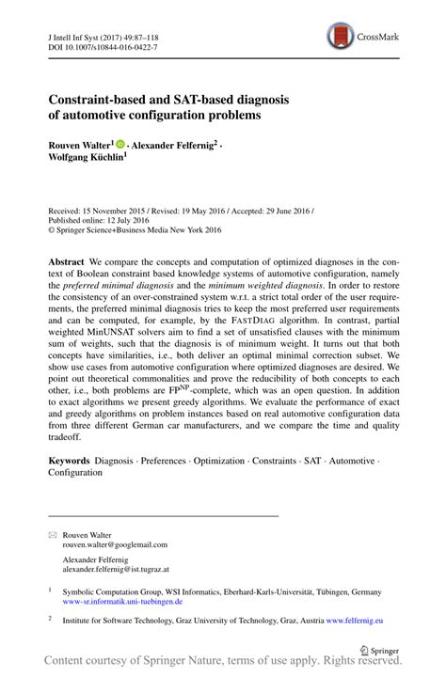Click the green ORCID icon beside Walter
point(121,144)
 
